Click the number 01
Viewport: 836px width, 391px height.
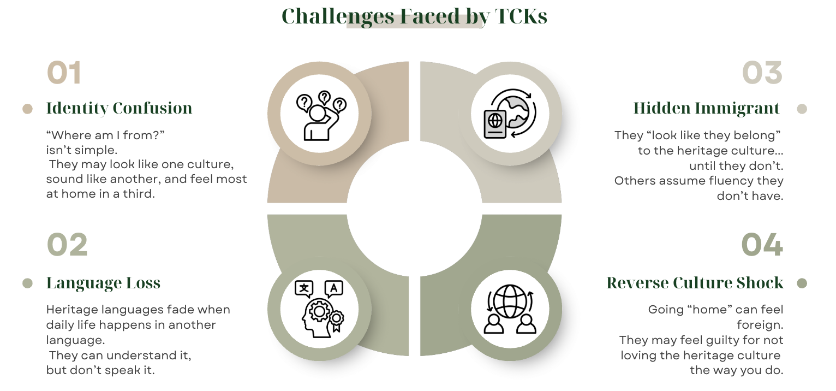(x=64, y=73)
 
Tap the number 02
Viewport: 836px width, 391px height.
(x=67, y=245)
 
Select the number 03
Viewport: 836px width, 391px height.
(x=762, y=73)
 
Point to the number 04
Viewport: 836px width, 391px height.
(x=762, y=245)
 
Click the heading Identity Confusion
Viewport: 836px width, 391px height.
(x=119, y=108)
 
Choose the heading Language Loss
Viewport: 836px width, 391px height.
(x=103, y=283)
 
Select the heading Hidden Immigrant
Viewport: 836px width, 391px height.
(x=706, y=108)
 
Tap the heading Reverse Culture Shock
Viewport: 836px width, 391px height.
(x=695, y=283)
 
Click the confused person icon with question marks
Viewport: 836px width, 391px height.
(x=319, y=115)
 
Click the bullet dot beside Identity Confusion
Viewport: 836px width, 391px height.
(x=27, y=109)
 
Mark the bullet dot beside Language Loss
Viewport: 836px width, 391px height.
(x=27, y=283)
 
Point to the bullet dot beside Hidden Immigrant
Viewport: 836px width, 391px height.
(x=802, y=109)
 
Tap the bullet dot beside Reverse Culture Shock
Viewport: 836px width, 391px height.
(x=802, y=283)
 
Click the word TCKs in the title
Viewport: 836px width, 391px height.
(x=521, y=16)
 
